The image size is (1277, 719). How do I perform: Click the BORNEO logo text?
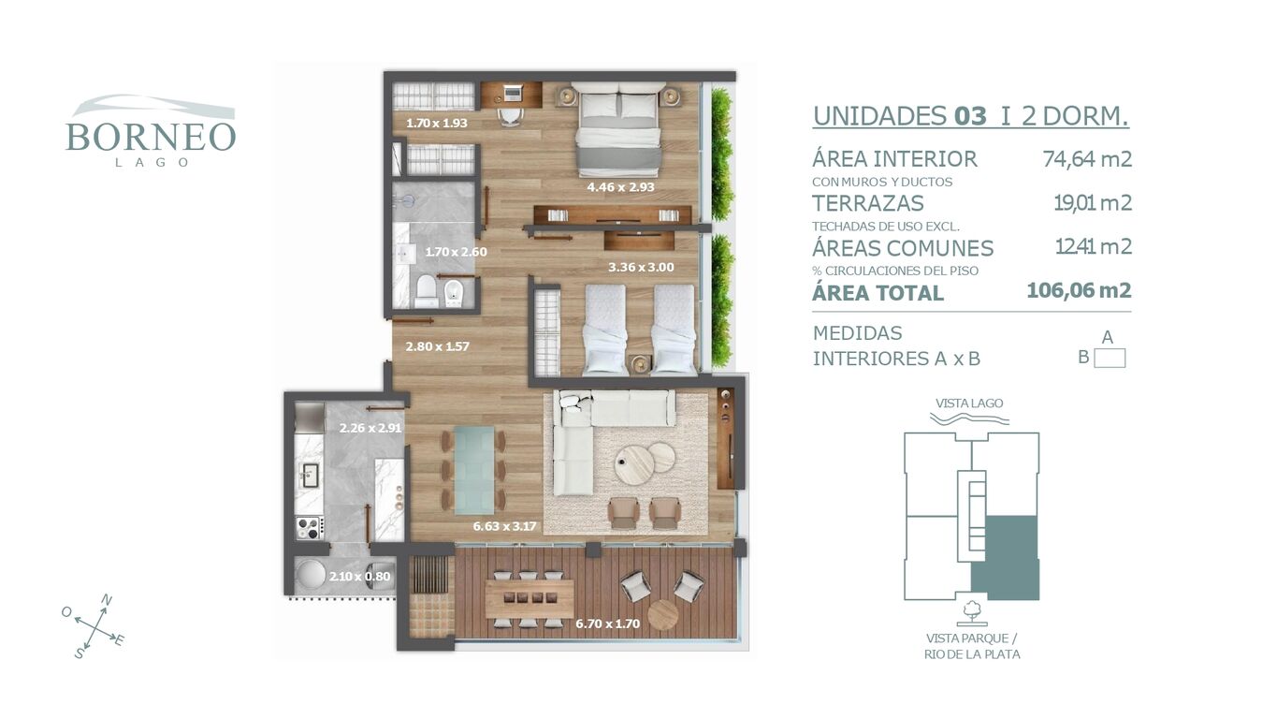pyautogui.click(x=151, y=137)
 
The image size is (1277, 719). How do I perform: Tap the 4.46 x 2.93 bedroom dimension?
pyautogui.click(x=621, y=186)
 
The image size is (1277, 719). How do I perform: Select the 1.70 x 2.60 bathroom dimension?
pyautogui.click(x=457, y=252)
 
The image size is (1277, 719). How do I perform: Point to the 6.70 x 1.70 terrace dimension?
pyautogui.click(x=608, y=624)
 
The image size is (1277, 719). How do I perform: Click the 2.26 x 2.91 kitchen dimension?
pyautogui.click(x=370, y=428)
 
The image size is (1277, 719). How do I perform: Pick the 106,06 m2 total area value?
pyautogui.click(x=1079, y=290)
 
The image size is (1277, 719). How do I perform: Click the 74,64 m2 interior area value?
pyautogui.click(x=1087, y=158)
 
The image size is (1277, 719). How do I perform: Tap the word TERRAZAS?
pyautogui.click(x=867, y=203)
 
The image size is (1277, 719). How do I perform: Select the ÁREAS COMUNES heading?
pyautogui.click(x=903, y=248)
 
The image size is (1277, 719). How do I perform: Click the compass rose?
pyautogui.click(x=93, y=626)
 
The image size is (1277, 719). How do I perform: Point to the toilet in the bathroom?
pyautogui.click(x=426, y=290)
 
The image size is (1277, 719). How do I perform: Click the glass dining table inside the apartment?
pyautogui.click(x=473, y=470)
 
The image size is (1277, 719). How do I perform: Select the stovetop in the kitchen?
pyautogui.click(x=310, y=527)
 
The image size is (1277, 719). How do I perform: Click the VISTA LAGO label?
pyautogui.click(x=969, y=404)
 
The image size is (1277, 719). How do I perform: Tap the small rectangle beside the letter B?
pyautogui.click(x=1110, y=359)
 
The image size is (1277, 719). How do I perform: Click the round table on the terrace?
pyautogui.click(x=663, y=614)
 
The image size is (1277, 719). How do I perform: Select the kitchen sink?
pyautogui.click(x=311, y=475)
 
